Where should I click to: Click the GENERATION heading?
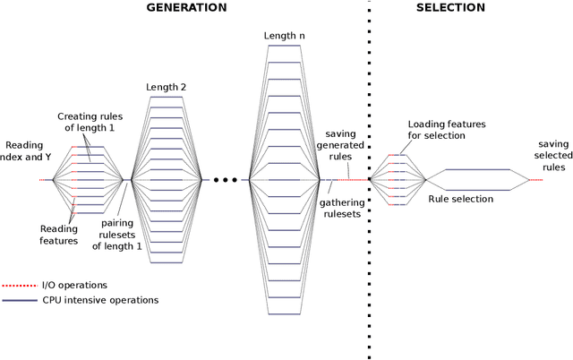tap(186, 7)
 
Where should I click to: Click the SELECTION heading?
tap(450, 7)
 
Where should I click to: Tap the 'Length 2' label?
tap(166, 87)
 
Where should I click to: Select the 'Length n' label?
tap(284, 37)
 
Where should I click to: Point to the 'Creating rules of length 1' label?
tap(90, 123)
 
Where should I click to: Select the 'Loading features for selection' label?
tap(436, 130)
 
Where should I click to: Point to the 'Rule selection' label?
tap(460, 199)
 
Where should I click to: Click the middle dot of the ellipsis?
tap(226, 180)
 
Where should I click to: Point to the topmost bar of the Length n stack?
tap(286, 47)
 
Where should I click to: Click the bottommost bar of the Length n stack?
tap(286, 313)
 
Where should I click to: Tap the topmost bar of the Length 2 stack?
tap(166, 96)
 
